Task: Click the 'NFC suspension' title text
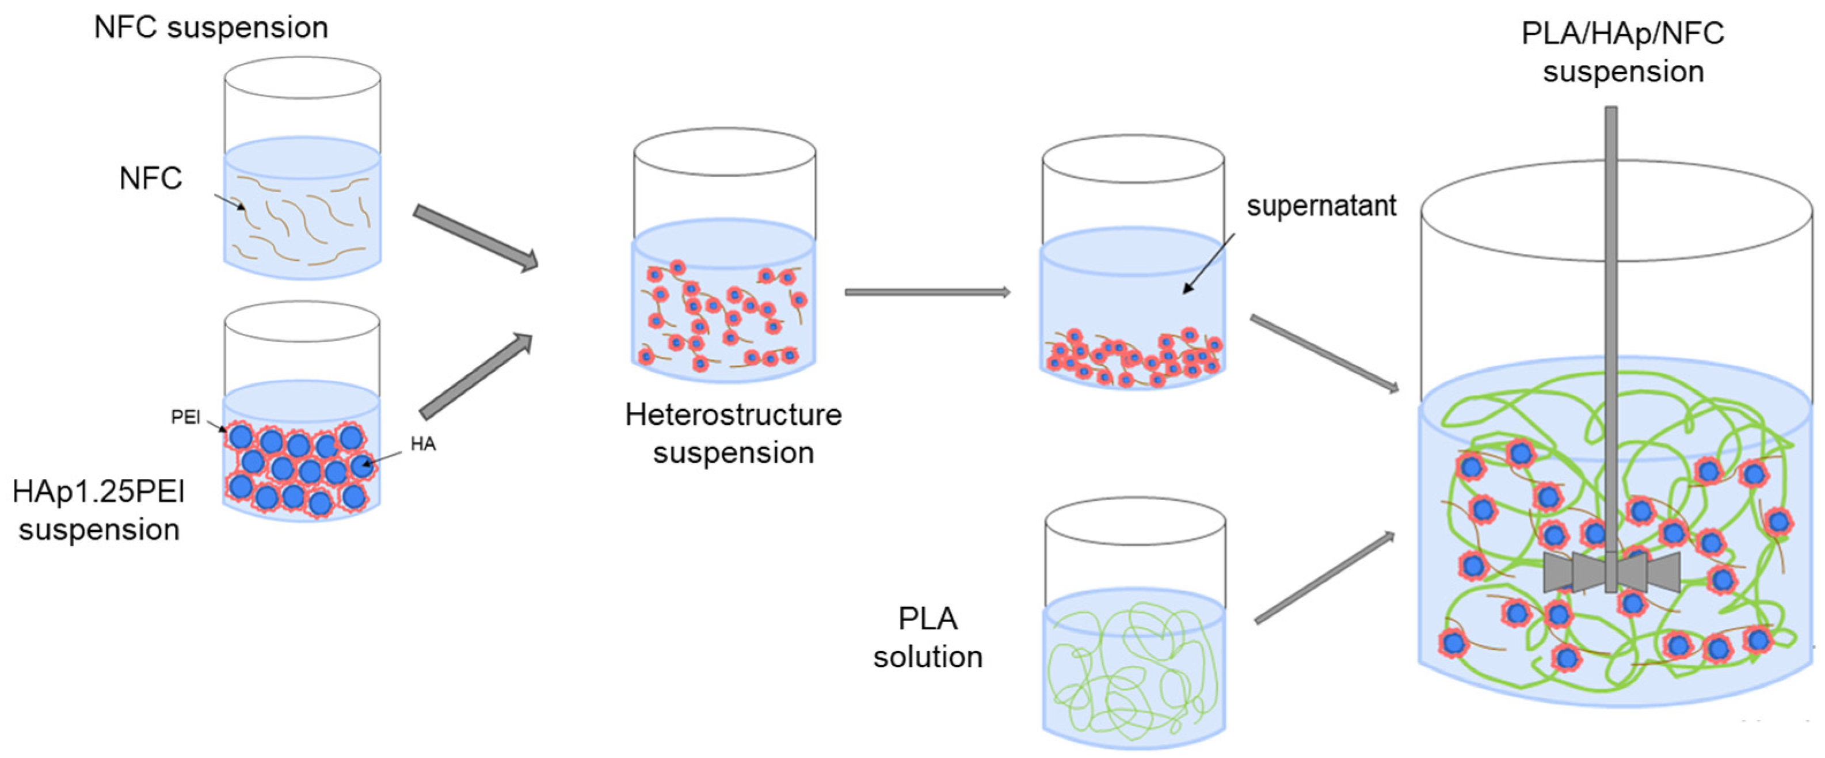pos(211,28)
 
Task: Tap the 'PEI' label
pos(186,417)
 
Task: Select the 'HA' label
pos(423,444)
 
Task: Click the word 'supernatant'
pos(1321,206)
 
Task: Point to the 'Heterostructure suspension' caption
pos(733,433)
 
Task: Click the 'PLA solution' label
pos(927,638)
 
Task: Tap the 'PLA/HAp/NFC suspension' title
pos(1622,52)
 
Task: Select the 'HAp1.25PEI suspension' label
pos(99,510)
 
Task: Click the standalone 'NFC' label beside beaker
pos(150,178)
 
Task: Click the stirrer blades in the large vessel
pos(1611,571)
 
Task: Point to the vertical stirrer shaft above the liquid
pos(1611,248)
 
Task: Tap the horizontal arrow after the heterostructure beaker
pos(927,292)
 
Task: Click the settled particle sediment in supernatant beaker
pos(1134,360)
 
